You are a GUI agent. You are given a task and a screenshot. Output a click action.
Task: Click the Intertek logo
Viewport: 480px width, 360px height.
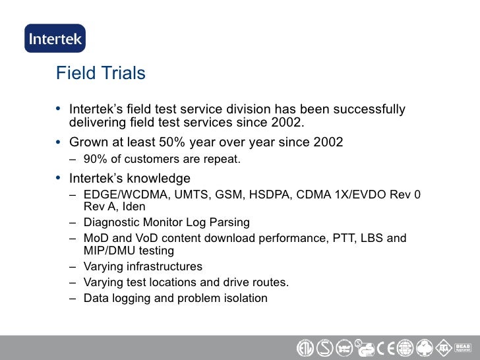tap(55, 38)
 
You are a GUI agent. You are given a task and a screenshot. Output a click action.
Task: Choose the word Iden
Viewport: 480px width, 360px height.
tap(134, 207)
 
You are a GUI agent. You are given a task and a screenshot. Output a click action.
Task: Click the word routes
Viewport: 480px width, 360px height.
tap(271, 283)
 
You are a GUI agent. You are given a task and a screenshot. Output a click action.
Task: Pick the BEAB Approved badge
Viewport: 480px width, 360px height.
tap(462, 347)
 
